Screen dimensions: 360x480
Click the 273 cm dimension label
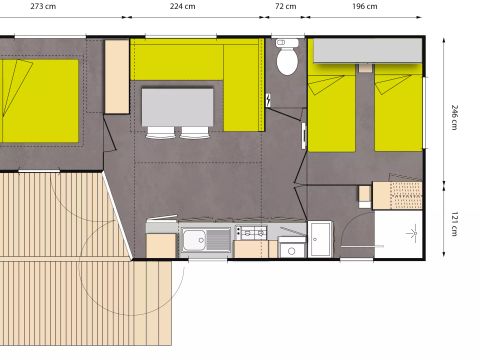click(42, 6)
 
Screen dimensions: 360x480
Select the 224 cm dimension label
click(182, 6)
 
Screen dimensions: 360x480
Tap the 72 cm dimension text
click(285, 6)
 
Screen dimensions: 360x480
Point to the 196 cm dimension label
click(365, 6)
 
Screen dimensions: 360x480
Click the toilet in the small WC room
click(287, 60)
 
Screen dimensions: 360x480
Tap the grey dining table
click(177, 105)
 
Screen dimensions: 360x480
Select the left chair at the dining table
click(161, 131)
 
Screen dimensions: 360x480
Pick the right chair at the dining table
click(195, 131)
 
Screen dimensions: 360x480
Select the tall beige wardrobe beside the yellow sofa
click(116, 76)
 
